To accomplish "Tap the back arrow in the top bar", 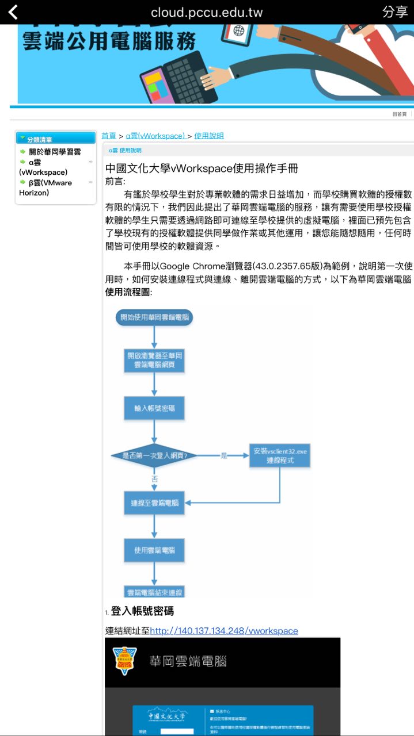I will (x=13, y=12).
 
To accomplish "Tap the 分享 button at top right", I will (x=394, y=12).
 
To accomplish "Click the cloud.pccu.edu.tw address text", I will (x=207, y=12).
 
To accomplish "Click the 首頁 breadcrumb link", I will (x=109, y=136).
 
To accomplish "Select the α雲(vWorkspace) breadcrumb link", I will (x=155, y=136).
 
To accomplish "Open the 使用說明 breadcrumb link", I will (x=209, y=136).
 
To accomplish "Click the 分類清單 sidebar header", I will (x=56, y=139).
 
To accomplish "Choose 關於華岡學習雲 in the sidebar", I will (x=55, y=152).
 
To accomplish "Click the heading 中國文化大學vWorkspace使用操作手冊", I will (x=202, y=168).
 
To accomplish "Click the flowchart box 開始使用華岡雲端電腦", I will (x=154, y=317).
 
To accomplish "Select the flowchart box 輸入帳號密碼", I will (x=154, y=408).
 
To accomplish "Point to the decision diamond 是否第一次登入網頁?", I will (x=154, y=455).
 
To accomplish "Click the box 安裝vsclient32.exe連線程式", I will (x=280, y=455).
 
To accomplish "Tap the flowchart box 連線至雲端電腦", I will (x=154, y=503).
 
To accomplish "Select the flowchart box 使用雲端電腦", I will (x=154, y=550).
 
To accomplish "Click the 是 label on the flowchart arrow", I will (x=224, y=455).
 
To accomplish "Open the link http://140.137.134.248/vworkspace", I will (x=224, y=631).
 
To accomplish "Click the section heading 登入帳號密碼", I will (x=142, y=611).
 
